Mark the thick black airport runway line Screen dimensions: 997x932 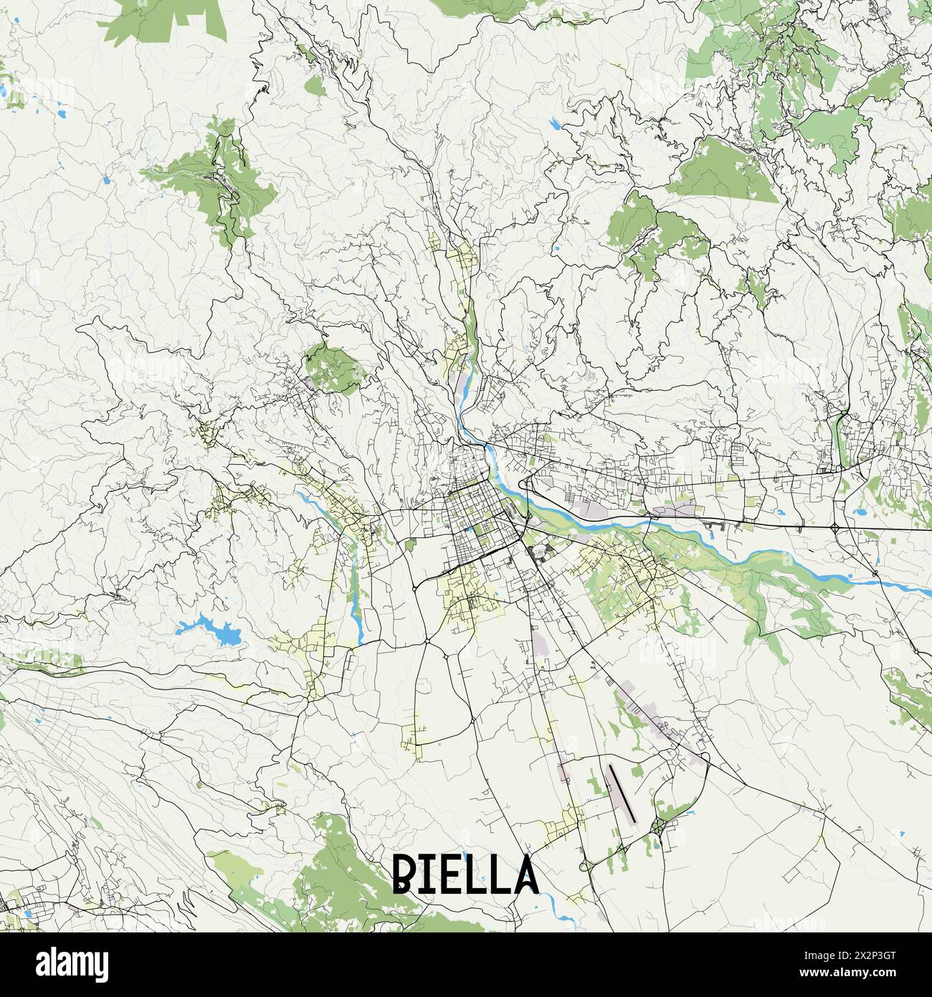[622, 793]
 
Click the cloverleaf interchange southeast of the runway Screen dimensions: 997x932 [658, 828]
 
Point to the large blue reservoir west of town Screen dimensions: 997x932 [211, 629]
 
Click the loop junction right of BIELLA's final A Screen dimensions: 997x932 [581, 868]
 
